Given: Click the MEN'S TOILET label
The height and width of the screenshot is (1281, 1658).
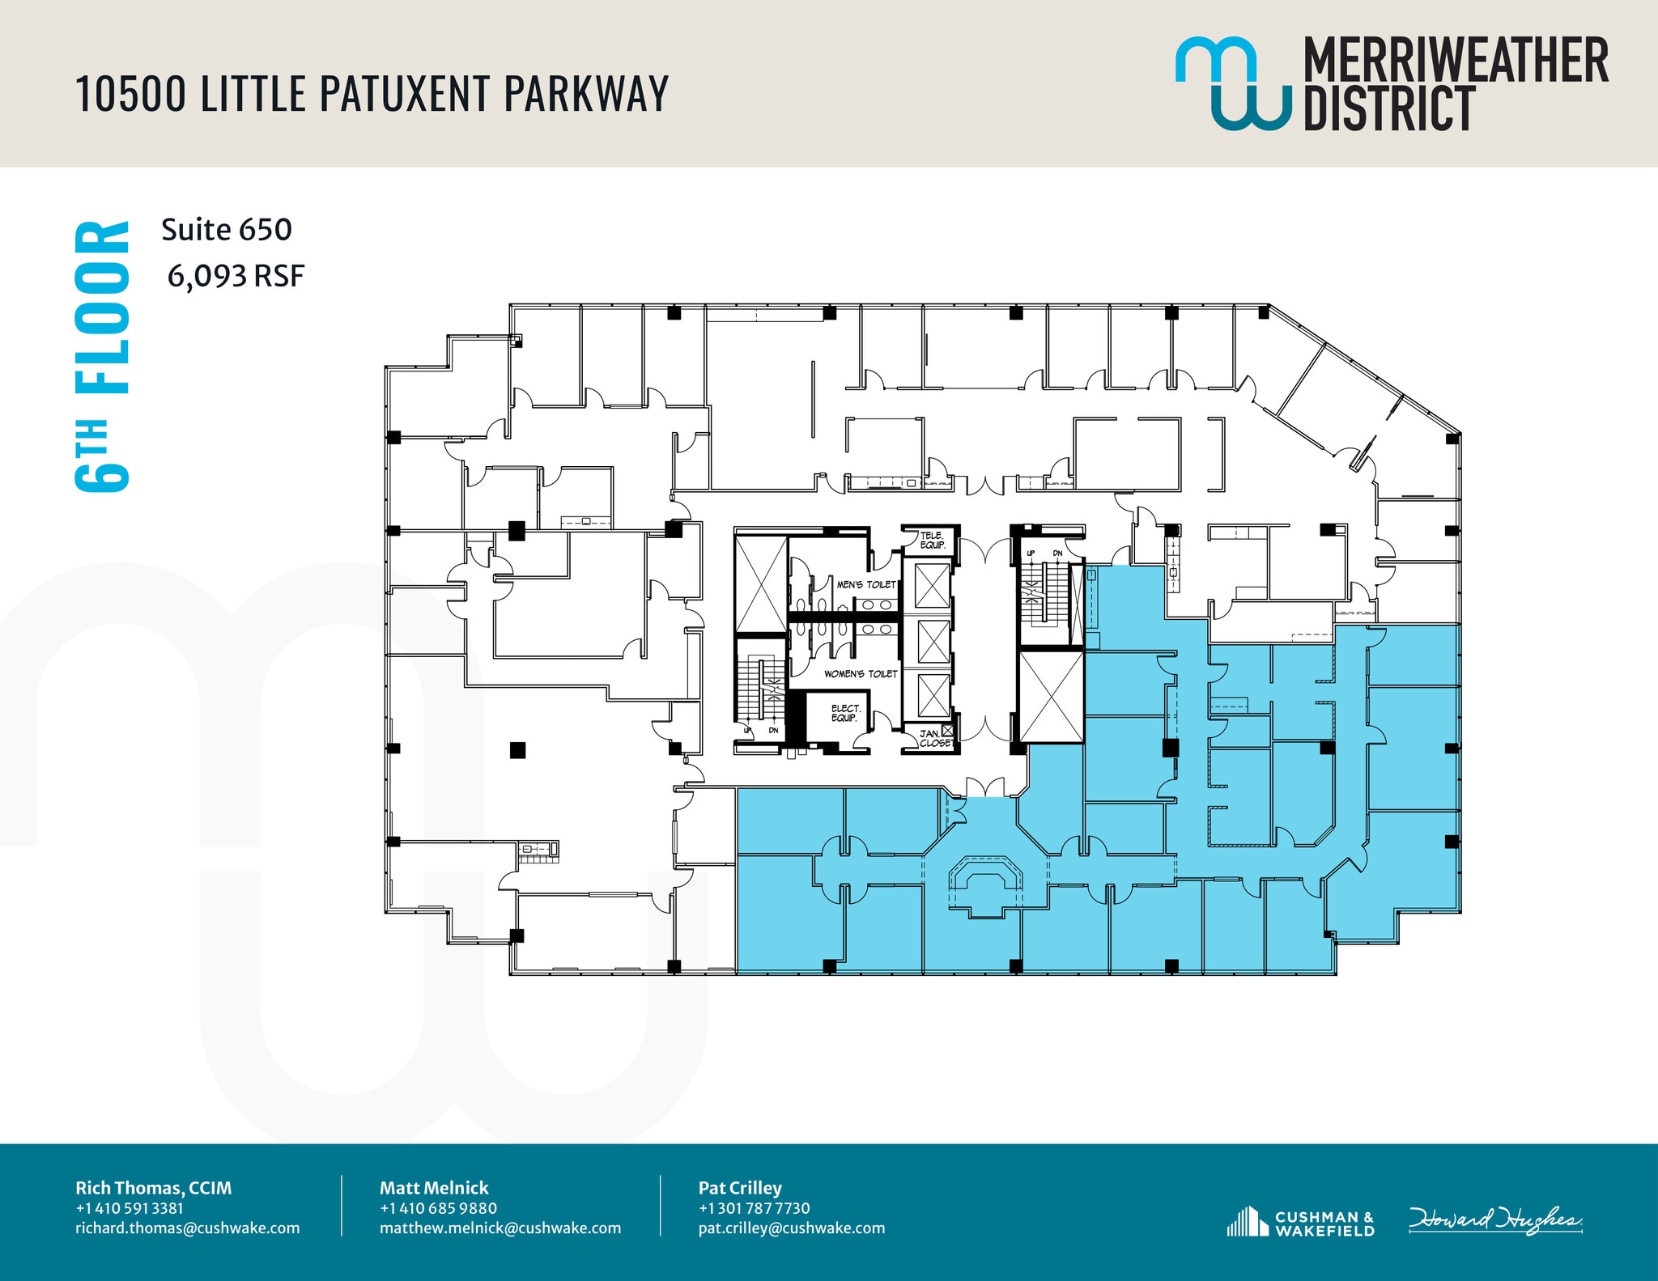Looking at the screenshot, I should click(866, 584).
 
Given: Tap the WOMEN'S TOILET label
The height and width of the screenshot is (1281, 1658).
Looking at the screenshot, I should click(861, 673).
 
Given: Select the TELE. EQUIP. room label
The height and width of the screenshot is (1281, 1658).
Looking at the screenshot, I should click(932, 541).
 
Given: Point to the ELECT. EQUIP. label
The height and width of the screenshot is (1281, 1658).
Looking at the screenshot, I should click(844, 713).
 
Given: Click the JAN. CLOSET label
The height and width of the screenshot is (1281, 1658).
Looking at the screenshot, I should click(933, 738).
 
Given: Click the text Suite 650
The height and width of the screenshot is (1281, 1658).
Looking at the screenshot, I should click(227, 230).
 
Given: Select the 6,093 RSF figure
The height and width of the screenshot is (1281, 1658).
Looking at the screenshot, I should click(236, 277).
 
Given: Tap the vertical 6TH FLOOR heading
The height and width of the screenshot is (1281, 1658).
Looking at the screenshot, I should click(102, 356).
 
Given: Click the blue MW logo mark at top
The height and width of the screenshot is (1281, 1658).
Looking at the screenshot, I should click(1232, 83).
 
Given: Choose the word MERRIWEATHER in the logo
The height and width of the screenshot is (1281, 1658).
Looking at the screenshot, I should click(1456, 61).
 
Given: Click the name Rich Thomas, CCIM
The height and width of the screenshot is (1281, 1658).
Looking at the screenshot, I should click(153, 1188).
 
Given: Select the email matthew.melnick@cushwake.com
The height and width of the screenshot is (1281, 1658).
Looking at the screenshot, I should click(500, 1228).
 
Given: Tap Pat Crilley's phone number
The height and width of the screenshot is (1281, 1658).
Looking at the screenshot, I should click(754, 1208).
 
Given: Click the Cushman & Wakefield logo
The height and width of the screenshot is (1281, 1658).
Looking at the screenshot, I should click(1300, 1223).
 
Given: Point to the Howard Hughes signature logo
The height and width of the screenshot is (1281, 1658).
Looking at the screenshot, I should click(1494, 1220).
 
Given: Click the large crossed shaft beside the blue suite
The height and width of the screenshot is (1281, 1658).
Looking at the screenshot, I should click(1051, 697).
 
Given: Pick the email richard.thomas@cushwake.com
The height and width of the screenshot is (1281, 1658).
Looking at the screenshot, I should click(187, 1228).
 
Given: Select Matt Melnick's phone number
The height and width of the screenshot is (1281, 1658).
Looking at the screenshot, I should click(438, 1208).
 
